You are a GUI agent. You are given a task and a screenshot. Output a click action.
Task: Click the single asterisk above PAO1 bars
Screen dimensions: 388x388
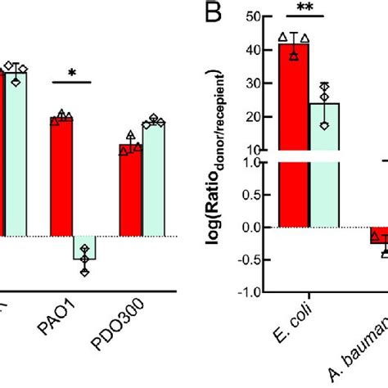(x=73, y=73)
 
